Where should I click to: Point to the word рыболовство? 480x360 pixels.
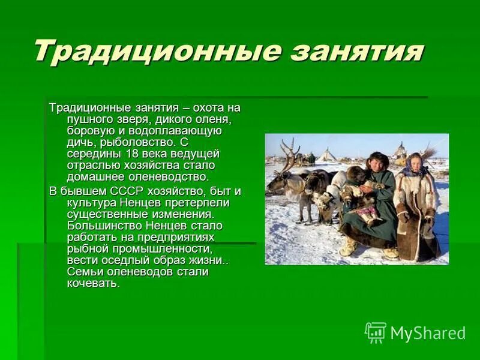(x=144, y=142)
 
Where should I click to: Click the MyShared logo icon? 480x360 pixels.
(x=376, y=332)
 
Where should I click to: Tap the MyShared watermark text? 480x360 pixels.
(x=428, y=333)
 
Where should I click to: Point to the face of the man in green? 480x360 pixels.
(x=379, y=163)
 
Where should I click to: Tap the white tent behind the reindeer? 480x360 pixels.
(x=327, y=155)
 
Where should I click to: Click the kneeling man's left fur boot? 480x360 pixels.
(x=349, y=246)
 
